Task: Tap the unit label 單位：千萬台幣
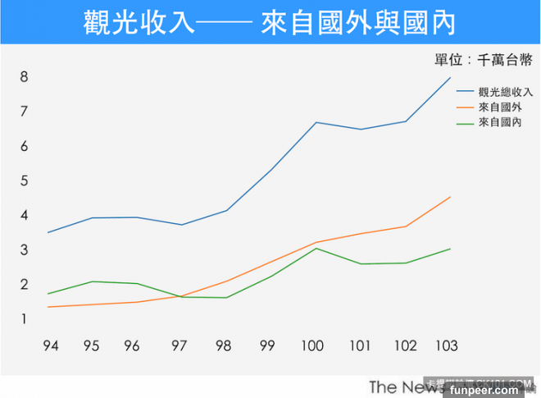pos(484,60)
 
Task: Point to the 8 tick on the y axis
pos(25,77)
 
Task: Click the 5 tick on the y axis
pos(25,181)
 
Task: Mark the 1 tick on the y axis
pos(25,318)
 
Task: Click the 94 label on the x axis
pos(51,346)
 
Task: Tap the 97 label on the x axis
pos(179,346)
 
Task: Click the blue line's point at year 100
pos(316,122)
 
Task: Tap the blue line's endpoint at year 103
pos(450,78)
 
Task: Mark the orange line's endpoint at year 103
pos(450,197)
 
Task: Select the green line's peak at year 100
pos(316,248)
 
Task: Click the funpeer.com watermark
pos(503,389)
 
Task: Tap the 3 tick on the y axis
pos(25,249)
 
